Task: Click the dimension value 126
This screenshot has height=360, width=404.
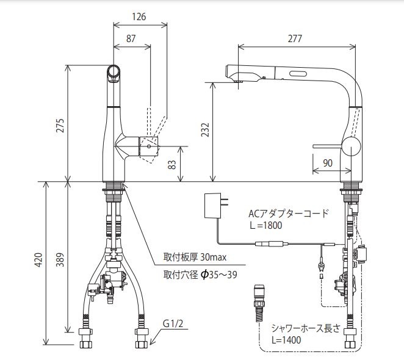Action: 139,16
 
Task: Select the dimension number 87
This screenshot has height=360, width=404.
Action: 131,38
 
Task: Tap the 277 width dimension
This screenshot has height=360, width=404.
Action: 295,38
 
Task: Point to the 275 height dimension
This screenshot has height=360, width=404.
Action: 60,126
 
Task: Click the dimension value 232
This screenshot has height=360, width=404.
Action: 205,129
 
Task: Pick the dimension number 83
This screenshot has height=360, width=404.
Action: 172,165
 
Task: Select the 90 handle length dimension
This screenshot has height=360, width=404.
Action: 328,163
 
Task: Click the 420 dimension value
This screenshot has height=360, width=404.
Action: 38,260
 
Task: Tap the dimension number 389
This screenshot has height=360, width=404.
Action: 60,260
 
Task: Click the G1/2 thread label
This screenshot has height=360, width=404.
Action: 173,323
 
